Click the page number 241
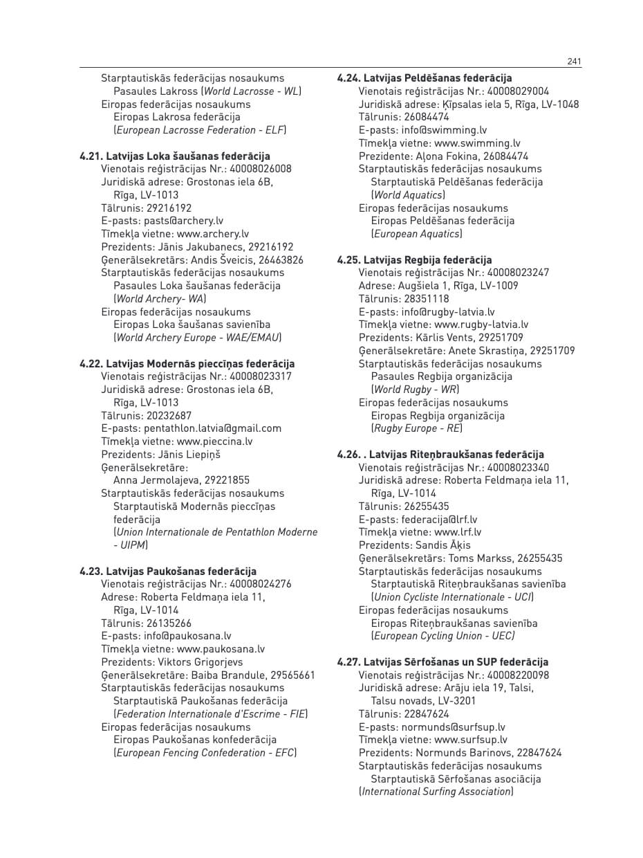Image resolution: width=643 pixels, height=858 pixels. click(x=574, y=62)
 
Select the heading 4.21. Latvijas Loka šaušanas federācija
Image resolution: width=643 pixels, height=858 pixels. click(x=175, y=156)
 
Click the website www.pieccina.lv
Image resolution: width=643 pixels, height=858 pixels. click(x=214, y=441)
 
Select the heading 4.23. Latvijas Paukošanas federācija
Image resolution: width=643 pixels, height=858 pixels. click(x=168, y=572)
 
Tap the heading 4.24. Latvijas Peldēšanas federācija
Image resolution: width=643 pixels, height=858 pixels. click(x=425, y=78)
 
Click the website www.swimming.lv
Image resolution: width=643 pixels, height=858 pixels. click(x=477, y=143)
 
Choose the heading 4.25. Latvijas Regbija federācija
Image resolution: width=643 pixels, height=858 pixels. click(x=415, y=260)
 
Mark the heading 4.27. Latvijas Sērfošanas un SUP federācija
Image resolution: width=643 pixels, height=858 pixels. click(x=442, y=662)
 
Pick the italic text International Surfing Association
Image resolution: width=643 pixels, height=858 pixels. click(x=436, y=792)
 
